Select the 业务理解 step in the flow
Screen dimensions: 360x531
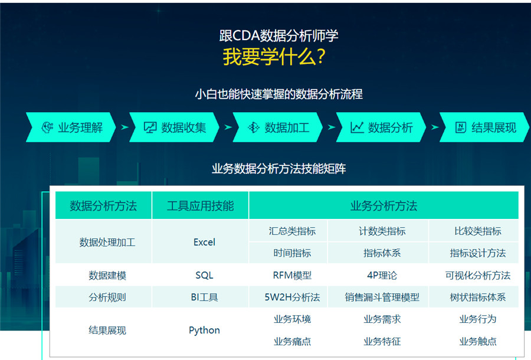click(71, 127)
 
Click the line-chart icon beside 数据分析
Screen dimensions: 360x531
click(357, 127)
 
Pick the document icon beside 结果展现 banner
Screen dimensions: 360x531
click(461, 127)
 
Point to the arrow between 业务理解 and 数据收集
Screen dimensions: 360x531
click(124, 127)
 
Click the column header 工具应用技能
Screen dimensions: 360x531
click(200, 206)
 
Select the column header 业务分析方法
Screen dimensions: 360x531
click(383, 206)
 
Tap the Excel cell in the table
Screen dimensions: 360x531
click(204, 242)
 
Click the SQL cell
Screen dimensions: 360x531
click(204, 276)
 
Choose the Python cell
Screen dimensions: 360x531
click(204, 330)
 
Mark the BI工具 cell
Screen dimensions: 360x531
click(204, 297)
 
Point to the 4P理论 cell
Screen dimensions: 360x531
click(382, 276)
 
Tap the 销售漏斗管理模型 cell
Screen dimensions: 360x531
click(382, 297)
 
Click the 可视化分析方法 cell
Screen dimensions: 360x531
click(477, 276)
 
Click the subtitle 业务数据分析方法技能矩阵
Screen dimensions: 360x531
click(278, 169)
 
